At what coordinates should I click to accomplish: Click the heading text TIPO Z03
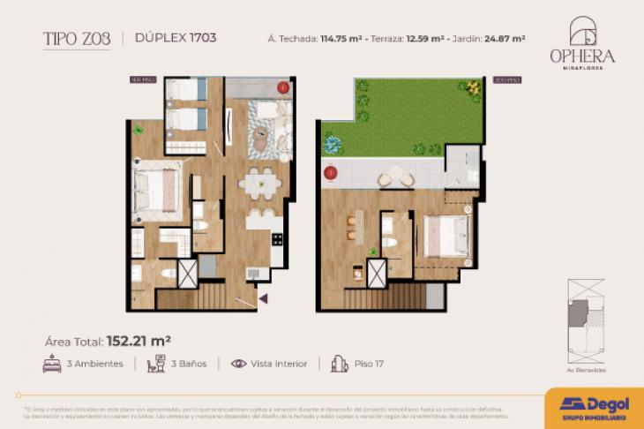[x=78, y=38]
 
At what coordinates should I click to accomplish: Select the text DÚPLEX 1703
[x=176, y=38]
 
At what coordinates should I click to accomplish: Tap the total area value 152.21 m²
[x=139, y=339]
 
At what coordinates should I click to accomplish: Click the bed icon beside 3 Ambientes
[x=52, y=364]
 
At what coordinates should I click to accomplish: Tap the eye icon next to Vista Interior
[x=238, y=364]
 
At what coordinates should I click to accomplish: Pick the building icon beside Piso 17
[x=339, y=364]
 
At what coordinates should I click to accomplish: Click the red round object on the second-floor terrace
[x=332, y=173]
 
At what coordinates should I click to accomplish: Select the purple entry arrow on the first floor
[x=263, y=299]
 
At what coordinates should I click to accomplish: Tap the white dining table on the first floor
[x=261, y=185]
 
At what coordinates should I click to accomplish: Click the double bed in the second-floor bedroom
[x=446, y=237]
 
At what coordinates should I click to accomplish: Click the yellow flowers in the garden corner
[x=475, y=88]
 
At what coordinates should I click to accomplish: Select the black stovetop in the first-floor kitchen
[x=277, y=238]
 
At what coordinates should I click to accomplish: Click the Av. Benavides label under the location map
[x=587, y=370]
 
